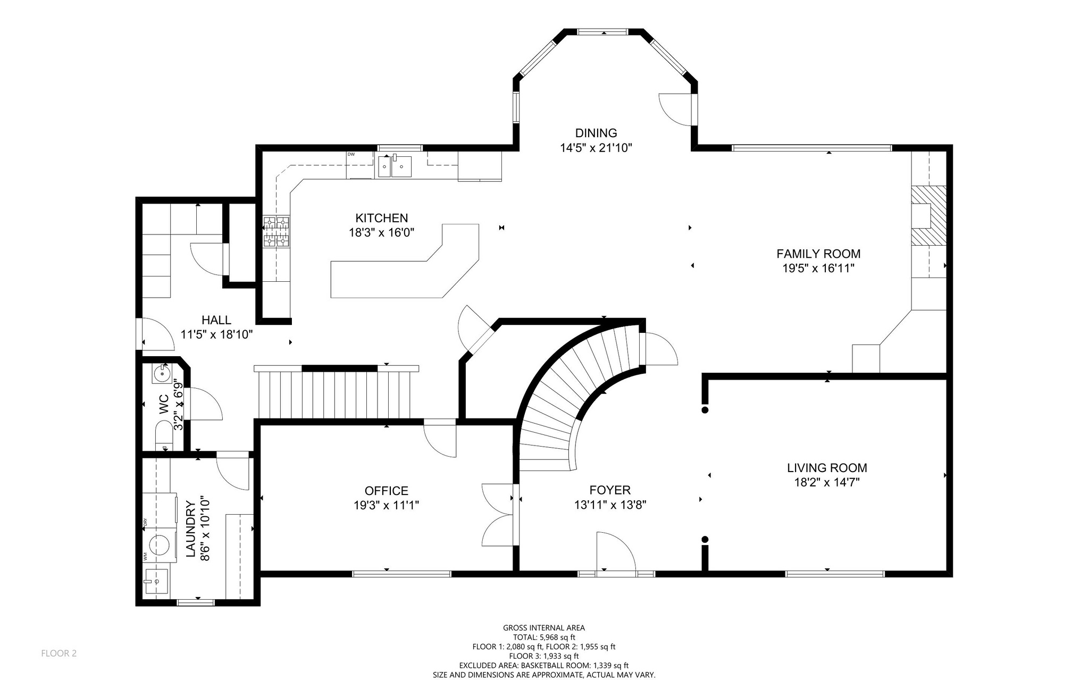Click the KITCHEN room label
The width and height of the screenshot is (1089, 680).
381,218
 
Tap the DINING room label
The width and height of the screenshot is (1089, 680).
596,133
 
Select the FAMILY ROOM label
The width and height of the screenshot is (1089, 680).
818,254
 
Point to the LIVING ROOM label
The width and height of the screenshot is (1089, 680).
827,468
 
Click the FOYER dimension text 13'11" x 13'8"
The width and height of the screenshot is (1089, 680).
610,505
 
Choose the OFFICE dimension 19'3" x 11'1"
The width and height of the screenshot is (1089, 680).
387,505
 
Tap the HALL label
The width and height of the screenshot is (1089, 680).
216,320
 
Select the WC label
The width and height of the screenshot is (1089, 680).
164,405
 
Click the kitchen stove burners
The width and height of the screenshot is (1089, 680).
276,232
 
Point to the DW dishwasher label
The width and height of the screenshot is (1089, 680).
351,154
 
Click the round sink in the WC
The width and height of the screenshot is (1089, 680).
162,374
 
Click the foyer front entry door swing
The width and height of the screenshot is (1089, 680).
616,552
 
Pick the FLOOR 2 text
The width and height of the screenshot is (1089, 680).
59,653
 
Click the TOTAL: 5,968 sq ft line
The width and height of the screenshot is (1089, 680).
544,637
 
